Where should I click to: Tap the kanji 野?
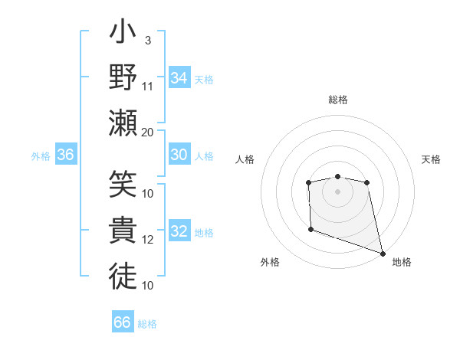pos(123,78)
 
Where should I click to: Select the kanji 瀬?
pos(123,122)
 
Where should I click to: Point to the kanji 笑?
pos(123,186)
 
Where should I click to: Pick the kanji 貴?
pos(123,231)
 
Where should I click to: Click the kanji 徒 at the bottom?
pos(123,273)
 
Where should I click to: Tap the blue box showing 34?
pos(179,78)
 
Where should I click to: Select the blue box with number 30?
pos(179,155)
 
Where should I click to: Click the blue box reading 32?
pos(179,232)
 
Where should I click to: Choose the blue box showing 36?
pos(66,155)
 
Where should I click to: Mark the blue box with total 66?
pos(123,322)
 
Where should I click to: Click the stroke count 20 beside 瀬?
pos(148,132)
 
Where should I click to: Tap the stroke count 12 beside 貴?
pos(148,240)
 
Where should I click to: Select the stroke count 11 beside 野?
pos(148,85)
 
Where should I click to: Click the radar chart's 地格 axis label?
pos(402,262)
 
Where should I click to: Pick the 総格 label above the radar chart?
pos(338,100)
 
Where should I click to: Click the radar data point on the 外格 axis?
pos(310,229)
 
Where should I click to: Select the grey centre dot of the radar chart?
pos(338,191)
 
